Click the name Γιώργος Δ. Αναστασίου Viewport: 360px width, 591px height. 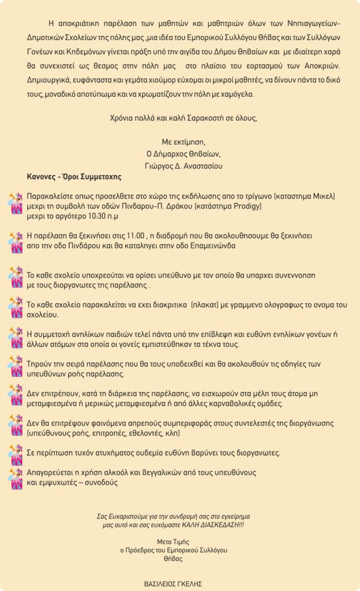point(183,166)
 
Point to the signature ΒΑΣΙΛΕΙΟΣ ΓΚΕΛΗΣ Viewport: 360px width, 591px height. point(173,583)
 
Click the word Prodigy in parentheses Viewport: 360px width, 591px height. point(245,206)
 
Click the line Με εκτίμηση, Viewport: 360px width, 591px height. point(183,142)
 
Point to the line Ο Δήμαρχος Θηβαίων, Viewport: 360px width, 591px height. point(183,154)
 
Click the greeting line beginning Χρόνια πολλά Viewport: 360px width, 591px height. point(183,118)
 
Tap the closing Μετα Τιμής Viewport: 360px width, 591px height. point(173,542)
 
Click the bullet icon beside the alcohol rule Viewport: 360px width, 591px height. point(16,478)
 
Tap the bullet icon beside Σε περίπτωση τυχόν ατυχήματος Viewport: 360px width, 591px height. point(16,451)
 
